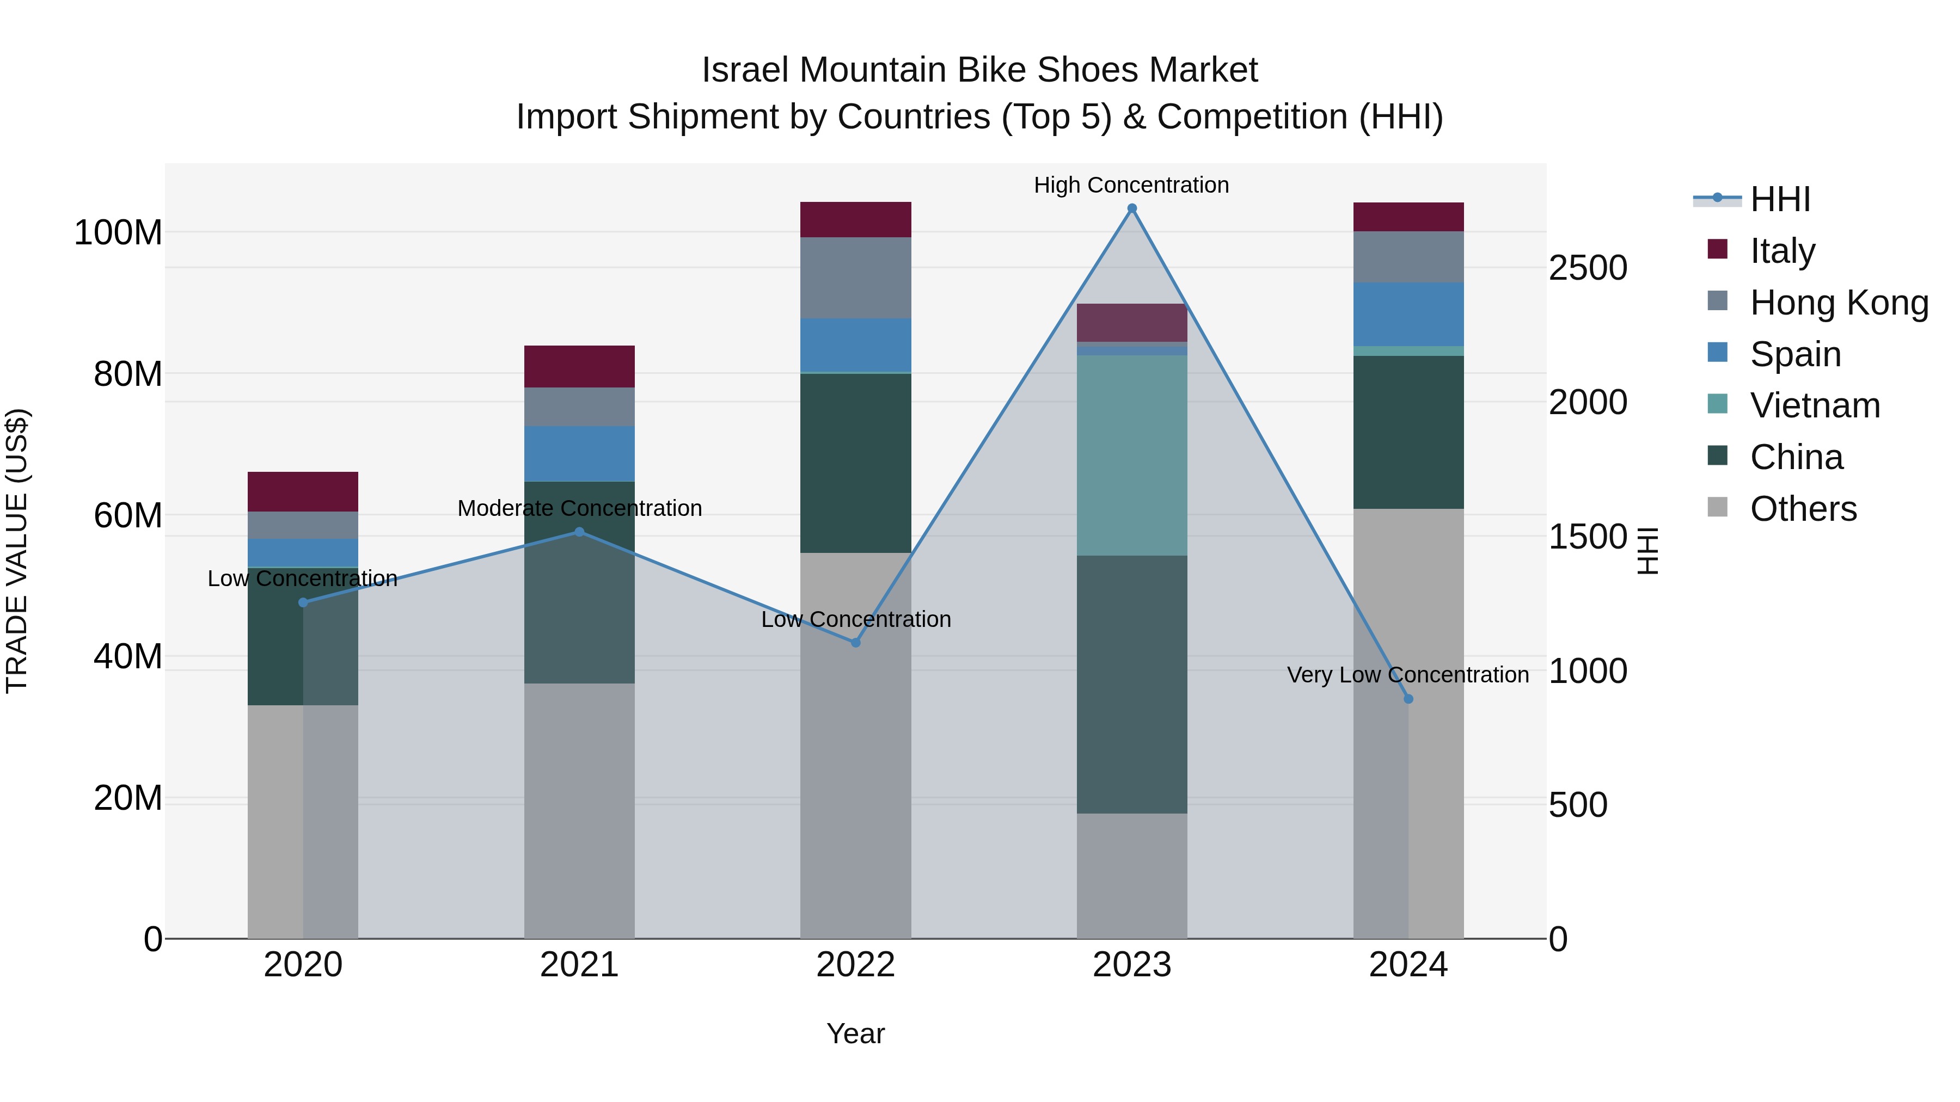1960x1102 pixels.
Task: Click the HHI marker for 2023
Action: (1131, 208)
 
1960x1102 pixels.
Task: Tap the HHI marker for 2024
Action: (1407, 699)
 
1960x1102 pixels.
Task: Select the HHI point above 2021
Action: (579, 532)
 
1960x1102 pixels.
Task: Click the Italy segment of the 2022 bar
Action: (855, 220)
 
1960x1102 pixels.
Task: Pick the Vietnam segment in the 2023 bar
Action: (1131, 455)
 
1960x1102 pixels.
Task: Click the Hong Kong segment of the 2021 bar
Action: (579, 407)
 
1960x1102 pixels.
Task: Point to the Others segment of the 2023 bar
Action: (1131, 875)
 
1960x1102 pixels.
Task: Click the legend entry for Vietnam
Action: (1814, 405)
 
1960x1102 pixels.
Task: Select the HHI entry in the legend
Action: (1779, 199)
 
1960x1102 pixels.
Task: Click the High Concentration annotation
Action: (1131, 185)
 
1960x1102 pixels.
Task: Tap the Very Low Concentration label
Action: (1407, 675)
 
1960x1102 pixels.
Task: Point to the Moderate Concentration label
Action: (579, 508)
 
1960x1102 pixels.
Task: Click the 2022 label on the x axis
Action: (855, 965)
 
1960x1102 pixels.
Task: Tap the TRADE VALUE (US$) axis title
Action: (17, 551)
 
